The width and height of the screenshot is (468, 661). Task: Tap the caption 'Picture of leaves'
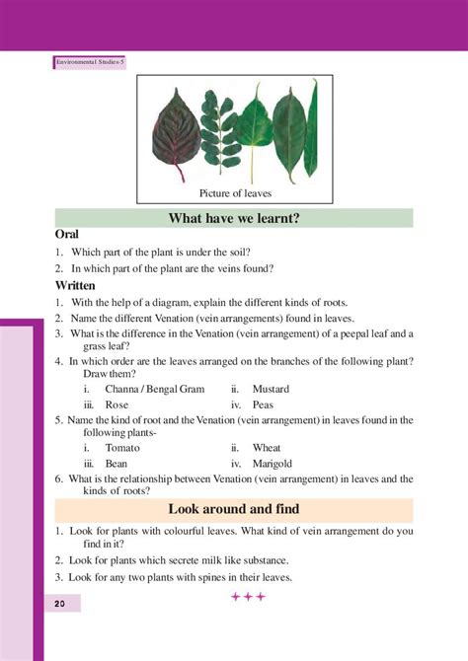tap(235, 193)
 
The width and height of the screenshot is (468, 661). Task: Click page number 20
tap(60, 603)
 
